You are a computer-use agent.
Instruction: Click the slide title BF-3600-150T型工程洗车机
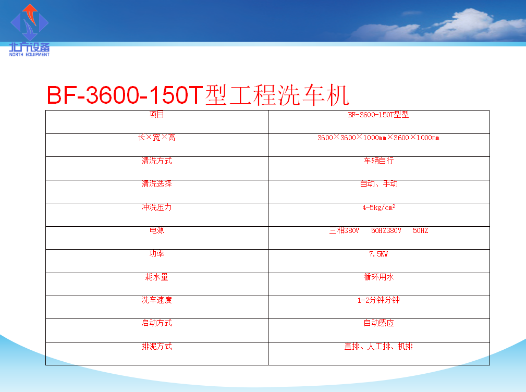coord(198,95)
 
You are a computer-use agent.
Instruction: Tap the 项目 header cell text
coord(157,114)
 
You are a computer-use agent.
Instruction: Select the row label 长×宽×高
coord(157,138)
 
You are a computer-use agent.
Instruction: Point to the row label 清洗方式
coord(157,161)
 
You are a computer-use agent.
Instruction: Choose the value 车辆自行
coord(379,161)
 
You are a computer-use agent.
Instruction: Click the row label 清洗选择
coord(157,184)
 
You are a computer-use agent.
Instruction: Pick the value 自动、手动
coord(379,184)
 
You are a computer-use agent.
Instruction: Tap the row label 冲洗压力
coord(157,207)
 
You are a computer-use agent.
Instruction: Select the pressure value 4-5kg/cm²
coord(379,207)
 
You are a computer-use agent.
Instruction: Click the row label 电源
coord(157,230)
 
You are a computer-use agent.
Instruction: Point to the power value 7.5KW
coord(378,254)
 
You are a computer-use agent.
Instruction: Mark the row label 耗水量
coord(157,277)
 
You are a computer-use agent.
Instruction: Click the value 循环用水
coord(379,277)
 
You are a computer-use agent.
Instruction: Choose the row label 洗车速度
coord(157,300)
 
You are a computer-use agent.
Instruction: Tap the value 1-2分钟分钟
coord(379,300)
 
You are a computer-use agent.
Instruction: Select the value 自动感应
coord(379,323)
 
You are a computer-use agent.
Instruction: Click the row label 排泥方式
coord(157,346)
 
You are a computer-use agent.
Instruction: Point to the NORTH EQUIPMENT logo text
coord(29,54)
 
